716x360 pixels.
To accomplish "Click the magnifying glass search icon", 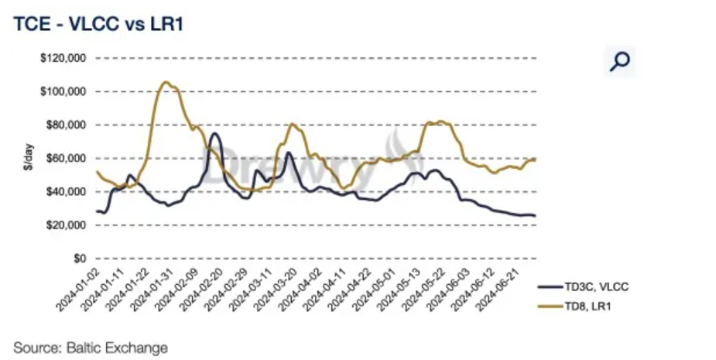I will pyautogui.click(x=619, y=61).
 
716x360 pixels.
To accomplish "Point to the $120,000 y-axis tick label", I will pyautogui.click(x=64, y=58).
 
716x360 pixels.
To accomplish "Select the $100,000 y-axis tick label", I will pyautogui.click(x=64, y=91).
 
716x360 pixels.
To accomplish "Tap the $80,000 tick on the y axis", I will pyautogui.click(x=67, y=125).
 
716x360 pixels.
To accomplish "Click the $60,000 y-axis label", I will pyautogui.click(x=67, y=158).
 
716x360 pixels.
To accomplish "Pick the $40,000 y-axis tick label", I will pyautogui.click(x=67, y=191).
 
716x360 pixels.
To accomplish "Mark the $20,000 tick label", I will pyautogui.click(x=67, y=225).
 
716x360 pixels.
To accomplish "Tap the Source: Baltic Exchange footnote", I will pyautogui.click(x=91, y=346).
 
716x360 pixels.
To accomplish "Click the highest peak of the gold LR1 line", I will pyautogui.click(x=165, y=81).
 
